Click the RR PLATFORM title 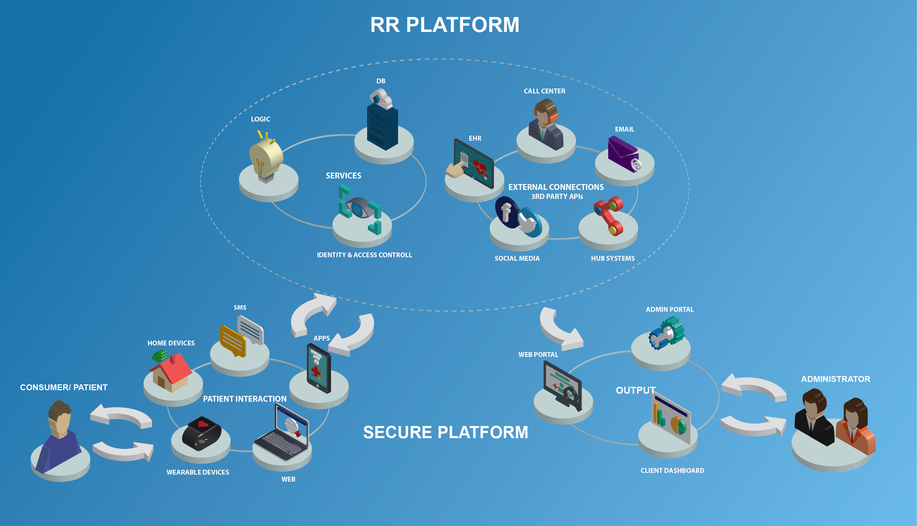coord(444,25)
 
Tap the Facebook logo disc coord(506,212)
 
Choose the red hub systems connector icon coord(609,215)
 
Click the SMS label coord(240,307)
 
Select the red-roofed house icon coord(171,372)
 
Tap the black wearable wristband coord(201,434)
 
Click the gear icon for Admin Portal coord(667,333)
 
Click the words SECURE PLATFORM coord(446,433)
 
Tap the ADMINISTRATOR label coord(835,379)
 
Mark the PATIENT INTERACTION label coord(245,399)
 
